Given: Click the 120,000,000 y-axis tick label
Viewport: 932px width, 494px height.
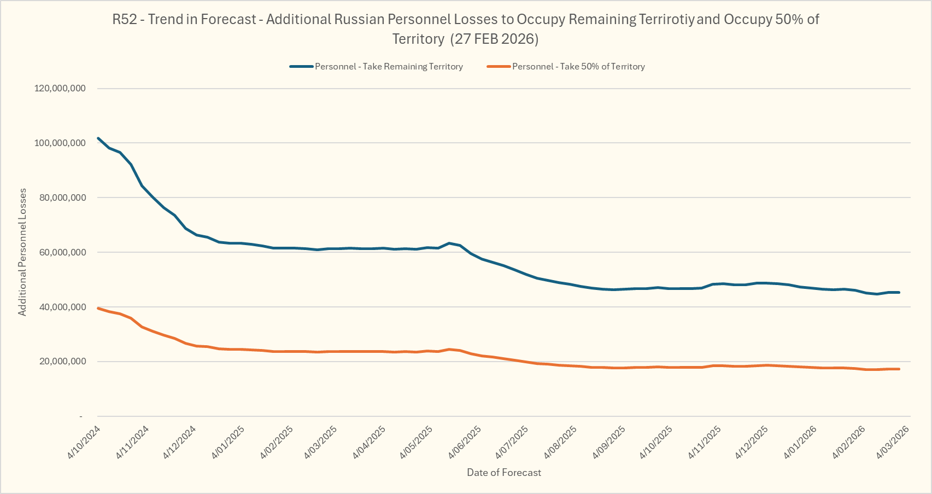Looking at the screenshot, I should click(x=60, y=88).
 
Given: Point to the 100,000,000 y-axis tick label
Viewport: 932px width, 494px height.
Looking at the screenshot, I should click(x=60, y=143).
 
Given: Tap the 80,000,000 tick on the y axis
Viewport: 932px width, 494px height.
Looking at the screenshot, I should click(x=62, y=197).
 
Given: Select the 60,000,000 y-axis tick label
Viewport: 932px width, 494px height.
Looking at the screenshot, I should click(x=62, y=252).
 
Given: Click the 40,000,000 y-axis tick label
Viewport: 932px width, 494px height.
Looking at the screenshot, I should click(x=62, y=307).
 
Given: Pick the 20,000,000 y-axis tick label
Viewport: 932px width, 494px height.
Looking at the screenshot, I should click(x=62, y=362).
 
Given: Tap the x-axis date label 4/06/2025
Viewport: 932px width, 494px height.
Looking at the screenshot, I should click(x=465, y=441).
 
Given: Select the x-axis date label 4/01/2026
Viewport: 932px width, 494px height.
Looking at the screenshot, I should click(x=801, y=441).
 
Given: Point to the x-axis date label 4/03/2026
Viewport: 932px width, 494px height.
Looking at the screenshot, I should click(x=893, y=441).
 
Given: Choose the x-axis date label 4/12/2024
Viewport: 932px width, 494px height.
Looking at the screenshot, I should click(x=180, y=441).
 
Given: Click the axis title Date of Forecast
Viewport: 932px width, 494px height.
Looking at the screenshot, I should click(x=503, y=473).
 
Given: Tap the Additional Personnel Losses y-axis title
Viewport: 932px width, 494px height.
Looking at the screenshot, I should click(x=22, y=252).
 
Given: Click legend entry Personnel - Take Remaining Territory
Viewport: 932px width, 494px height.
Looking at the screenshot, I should click(x=389, y=67).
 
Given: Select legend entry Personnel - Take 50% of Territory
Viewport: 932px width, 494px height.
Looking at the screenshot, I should click(x=578, y=67).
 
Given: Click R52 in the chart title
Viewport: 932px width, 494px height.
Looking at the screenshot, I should click(x=125, y=20).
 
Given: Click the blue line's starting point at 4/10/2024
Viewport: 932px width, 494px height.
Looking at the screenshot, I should click(x=98, y=138).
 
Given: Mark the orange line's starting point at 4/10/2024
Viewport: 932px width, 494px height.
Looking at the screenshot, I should click(x=98, y=309).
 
